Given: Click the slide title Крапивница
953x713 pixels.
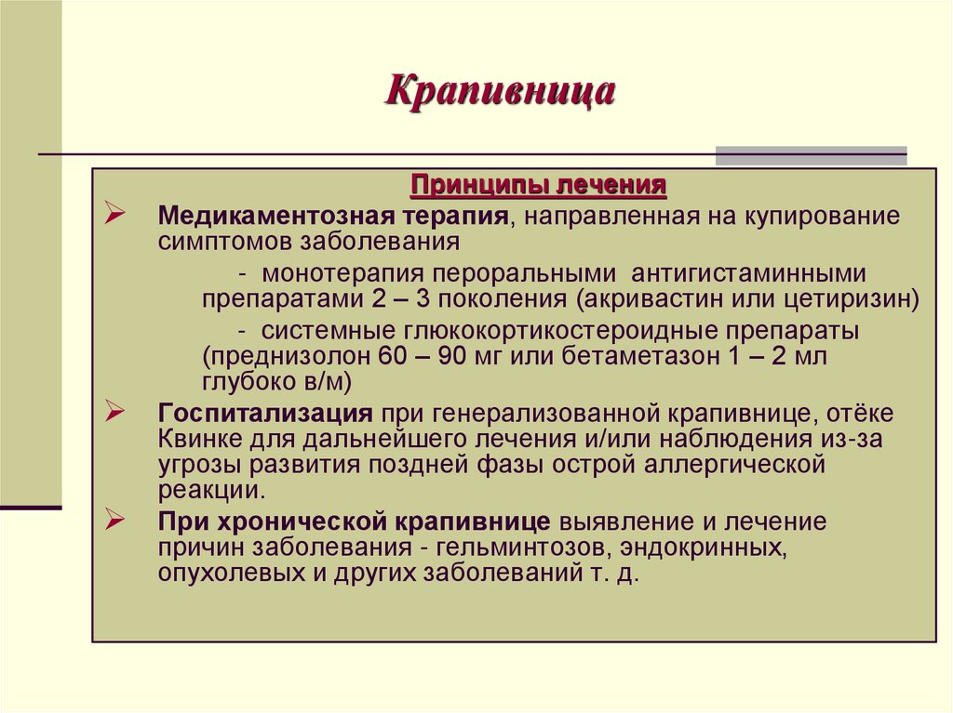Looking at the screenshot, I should (500, 92).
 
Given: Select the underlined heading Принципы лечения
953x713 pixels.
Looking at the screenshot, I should (539, 183).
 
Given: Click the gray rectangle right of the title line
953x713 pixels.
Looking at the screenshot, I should (811, 154).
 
